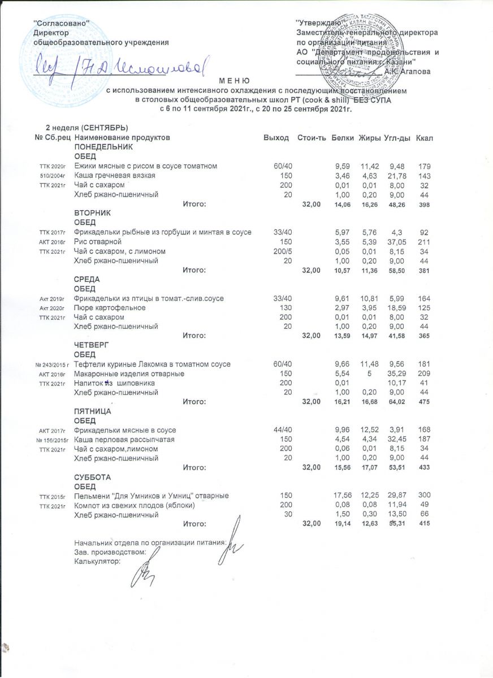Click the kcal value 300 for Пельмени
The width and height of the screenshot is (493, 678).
tap(425, 496)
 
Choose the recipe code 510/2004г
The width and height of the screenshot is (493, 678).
tap(53, 176)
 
